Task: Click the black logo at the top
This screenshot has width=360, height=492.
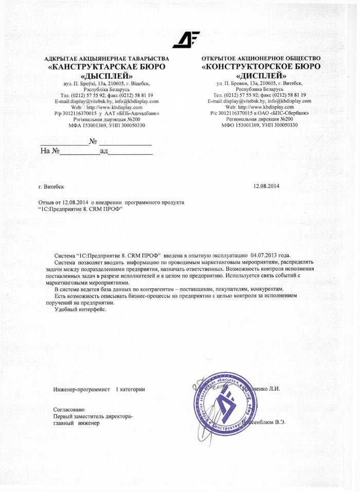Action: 186,40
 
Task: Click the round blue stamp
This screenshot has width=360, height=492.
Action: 225,405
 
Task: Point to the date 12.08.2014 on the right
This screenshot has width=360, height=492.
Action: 266,185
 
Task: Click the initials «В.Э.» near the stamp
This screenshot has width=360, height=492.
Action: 279,422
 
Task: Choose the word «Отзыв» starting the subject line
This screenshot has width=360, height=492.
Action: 47,203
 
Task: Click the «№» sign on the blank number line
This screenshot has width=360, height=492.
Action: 93,141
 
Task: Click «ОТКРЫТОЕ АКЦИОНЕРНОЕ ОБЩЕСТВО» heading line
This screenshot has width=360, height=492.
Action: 261,58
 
